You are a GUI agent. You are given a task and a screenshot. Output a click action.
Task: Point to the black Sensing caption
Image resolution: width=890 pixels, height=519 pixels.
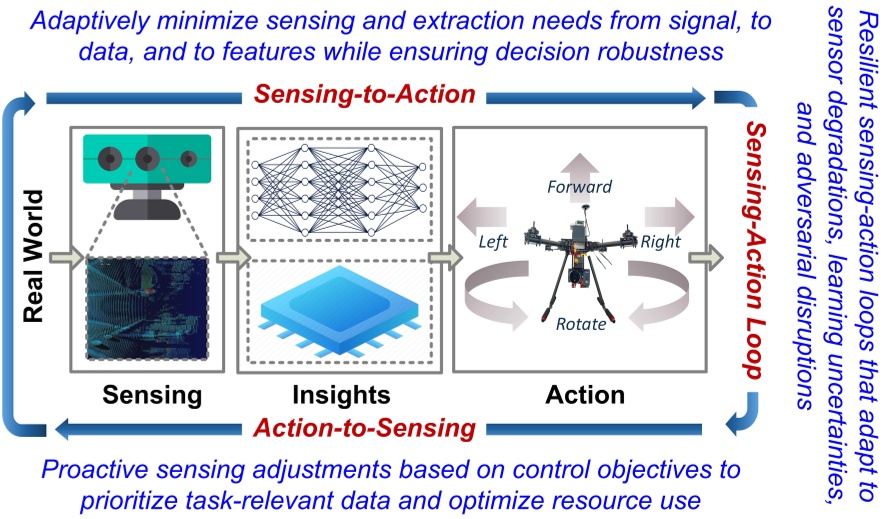[x=151, y=395]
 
